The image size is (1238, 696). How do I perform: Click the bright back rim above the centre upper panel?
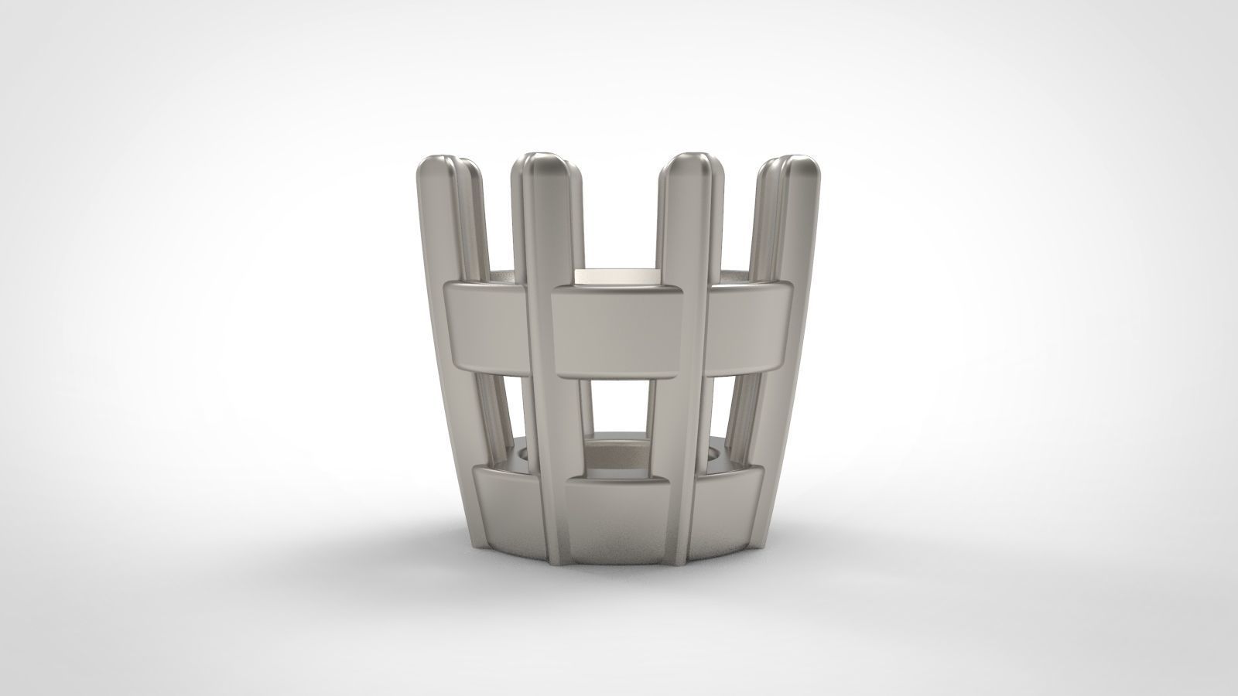coord(619,275)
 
